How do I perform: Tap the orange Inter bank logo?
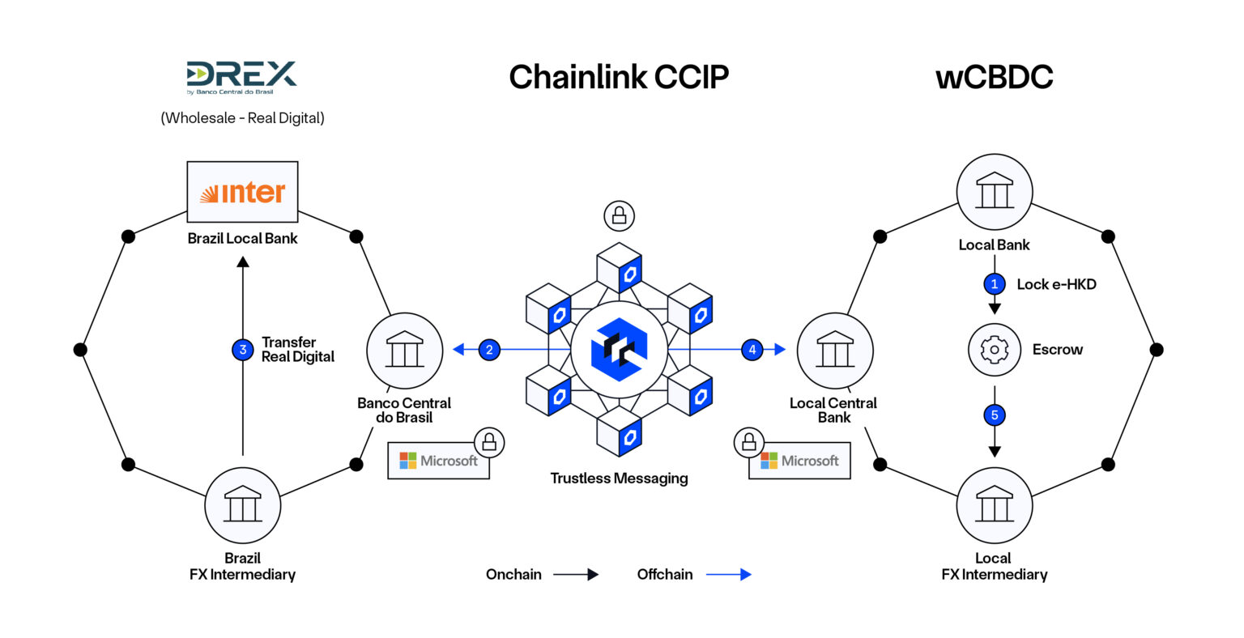coord(242,193)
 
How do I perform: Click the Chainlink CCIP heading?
coord(619,77)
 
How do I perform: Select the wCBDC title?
coord(994,77)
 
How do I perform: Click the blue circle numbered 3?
coord(243,350)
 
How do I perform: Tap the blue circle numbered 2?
coord(489,350)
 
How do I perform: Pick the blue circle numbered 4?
coord(752,350)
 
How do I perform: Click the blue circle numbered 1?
coord(995,284)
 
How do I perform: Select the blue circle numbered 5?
coord(995,415)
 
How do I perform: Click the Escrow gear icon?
coord(995,350)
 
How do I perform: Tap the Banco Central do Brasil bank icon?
coord(404,351)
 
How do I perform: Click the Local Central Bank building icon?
coord(834,351)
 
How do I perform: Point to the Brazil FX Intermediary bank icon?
coord(242,505)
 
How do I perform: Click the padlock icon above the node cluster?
coord(619,215)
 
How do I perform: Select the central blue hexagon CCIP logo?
coord(619,350)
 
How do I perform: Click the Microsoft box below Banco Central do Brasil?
coord(438,461)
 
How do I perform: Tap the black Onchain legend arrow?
coord(576,575)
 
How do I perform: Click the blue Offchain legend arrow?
coord(728,575)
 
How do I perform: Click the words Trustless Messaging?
coord(619,478)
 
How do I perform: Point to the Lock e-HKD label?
coord(1056,284)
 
